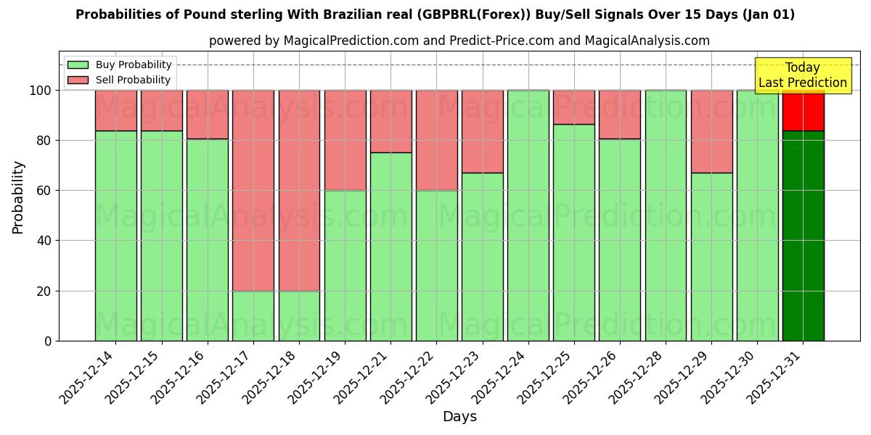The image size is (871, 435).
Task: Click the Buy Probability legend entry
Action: click(119, 65)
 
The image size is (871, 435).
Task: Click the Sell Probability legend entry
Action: click(119, 80)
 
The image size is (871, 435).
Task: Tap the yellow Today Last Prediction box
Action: click(803, 75)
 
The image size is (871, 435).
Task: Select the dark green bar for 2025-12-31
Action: click(803, 236)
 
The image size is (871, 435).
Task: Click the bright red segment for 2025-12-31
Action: click(803, 110)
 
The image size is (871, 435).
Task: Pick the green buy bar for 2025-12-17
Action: click(253, 315)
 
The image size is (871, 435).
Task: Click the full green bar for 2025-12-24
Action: click(528, 215)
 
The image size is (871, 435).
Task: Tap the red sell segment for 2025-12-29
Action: click(711, 131)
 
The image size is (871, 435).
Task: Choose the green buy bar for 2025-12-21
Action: click(390, 246)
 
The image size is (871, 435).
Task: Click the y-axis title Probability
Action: click(18, 197)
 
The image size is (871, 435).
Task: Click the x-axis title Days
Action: click(459, 417)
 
